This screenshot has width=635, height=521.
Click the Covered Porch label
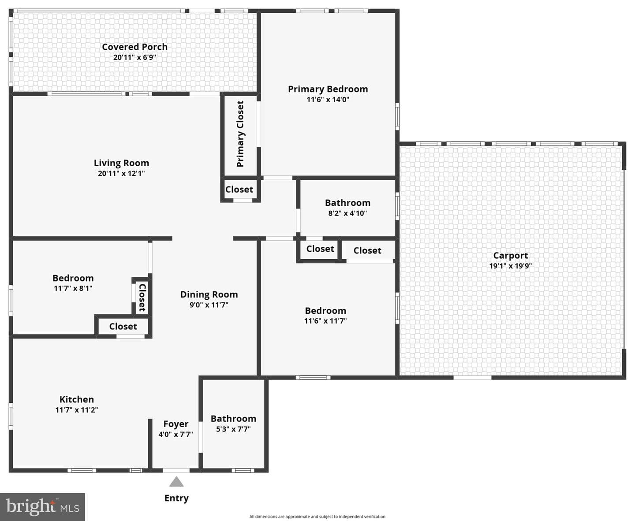(x=134, y=47)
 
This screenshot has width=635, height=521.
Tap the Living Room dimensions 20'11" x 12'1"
(x=121, y=173)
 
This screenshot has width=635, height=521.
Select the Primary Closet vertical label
(x=240, y=134)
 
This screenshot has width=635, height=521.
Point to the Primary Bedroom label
(x=328, y=89)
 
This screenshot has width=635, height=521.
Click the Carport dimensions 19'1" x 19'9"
(x=510, y=266)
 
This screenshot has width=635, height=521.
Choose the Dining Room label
(x=209, y=294)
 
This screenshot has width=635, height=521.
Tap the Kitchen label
(x=76, y=399)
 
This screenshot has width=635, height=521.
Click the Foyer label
(x=176, y=424)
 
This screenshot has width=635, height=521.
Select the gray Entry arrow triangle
(x=176, y=482)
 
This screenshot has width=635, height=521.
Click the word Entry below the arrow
(x=176, y=499)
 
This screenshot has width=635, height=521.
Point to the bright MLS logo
(x=42, y=507)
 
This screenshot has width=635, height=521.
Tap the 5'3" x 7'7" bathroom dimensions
(x=233, y=429)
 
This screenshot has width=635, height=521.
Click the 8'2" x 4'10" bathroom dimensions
(x=347, y=213)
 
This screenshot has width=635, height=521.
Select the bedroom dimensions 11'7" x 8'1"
(x=73, y=288)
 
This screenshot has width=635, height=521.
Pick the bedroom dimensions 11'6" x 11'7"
(x=325, y=321)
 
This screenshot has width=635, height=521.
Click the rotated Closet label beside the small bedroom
(x=142, y=298)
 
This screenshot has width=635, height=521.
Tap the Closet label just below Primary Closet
(x=239, y=190)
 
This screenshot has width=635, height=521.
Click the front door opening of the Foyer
(x=176, y=470)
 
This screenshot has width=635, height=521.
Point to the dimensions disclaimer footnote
(x=317, y=517)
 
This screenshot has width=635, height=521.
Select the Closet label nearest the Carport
(x=367, y=250)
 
